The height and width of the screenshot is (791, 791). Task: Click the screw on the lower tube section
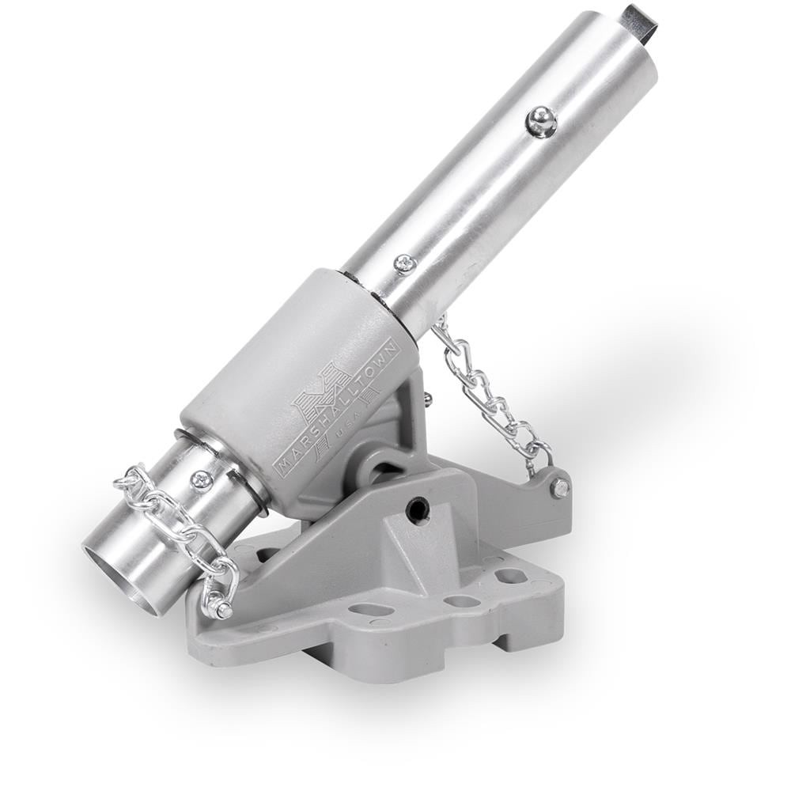pyautogui.click(x=204, y=480)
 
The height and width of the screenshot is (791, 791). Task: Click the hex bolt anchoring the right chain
pyautogui.click(x=561, y=486)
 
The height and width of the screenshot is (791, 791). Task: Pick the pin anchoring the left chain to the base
pyautogui.click(x=222, y=609)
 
